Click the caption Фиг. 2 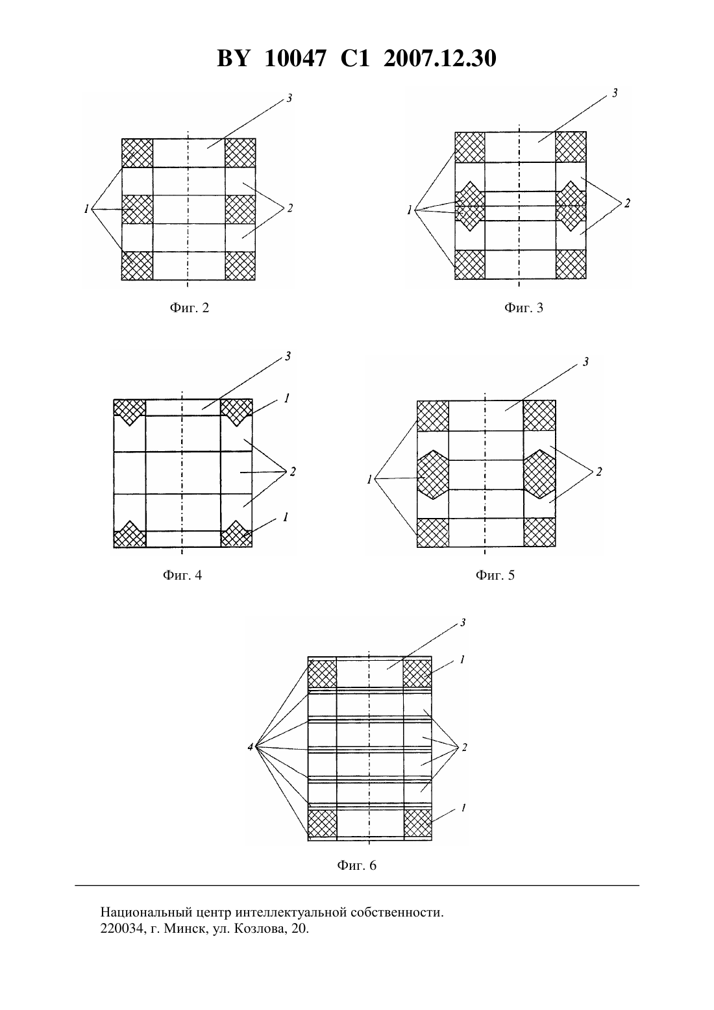tap(190, 308)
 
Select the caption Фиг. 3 tap(523, 308)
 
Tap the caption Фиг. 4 tap(182, 575)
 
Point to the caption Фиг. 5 tap(495, 575)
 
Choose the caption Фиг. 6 tap(356, 865)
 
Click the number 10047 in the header tap(295, 58)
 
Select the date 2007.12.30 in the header tap(440, 58)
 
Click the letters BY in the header tap(232, 58)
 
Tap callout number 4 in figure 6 tap(250, 746)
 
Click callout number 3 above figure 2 tap(289, 97)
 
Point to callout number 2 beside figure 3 tap(626, 203)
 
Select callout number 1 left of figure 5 tap(369, 479)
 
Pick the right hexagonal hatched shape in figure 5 tap(539, 474)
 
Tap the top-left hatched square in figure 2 tap(138, 153)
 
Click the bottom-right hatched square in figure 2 tap(240, 265)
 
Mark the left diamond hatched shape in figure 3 tap(470, 206)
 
